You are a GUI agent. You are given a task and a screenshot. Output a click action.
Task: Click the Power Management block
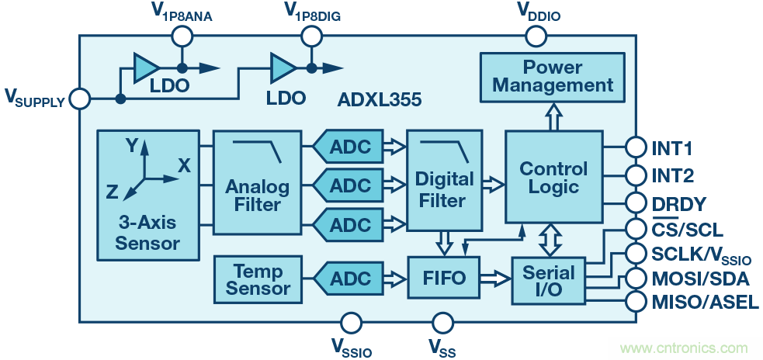[x=553, y=76]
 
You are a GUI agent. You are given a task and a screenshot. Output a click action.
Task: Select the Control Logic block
[x=553, y=178]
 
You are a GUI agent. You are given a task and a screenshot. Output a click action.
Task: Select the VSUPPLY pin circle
[x=79, y=99]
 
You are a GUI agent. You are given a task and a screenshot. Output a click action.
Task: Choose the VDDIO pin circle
[x=536, y=35]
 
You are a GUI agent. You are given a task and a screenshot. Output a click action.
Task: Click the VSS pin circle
[x=442, y=322]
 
